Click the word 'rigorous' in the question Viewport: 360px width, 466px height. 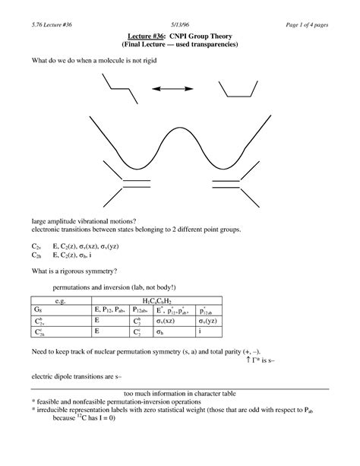[x=96, y=272]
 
